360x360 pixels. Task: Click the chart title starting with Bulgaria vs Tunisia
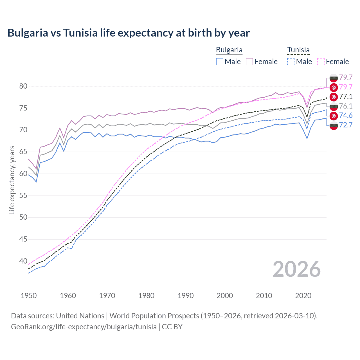coord(129,33)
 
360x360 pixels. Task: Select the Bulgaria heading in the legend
coord(229,50)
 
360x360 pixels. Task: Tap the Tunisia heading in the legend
coord(298,50)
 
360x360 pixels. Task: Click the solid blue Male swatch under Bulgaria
coord(220,62)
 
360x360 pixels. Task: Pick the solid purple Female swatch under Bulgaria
coord(249,62)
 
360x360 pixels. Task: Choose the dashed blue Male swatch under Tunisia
coord(291,62)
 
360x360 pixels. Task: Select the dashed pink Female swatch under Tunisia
coord(321,62)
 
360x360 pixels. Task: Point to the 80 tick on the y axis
coord(23,86)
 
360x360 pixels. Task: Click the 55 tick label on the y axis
coord(23,195)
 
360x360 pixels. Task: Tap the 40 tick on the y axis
coord(23,261)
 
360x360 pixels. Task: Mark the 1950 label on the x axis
coord(29,296)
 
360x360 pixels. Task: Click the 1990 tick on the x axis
coord(186,296)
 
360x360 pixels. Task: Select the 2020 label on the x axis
coord(303,296)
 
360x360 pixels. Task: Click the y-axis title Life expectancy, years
coord(12,180)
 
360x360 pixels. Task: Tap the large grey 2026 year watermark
coord(297,269)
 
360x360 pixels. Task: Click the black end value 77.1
coord(346,97)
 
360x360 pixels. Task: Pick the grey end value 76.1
coord(346,106)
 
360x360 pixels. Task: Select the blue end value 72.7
coord(346,125)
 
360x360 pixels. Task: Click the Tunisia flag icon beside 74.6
coord(334,116)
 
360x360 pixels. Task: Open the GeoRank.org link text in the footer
coord(84,327)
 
